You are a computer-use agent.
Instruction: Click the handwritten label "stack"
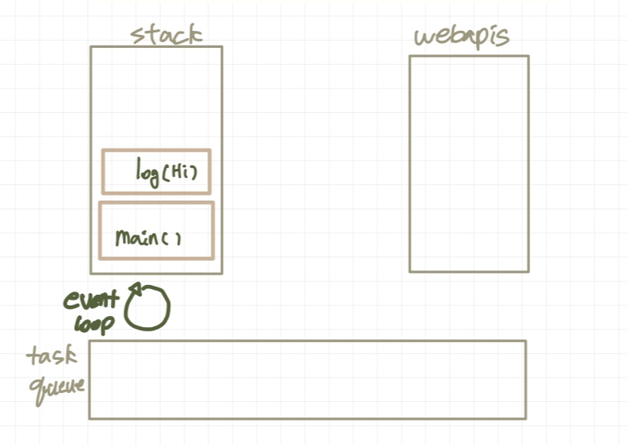167,34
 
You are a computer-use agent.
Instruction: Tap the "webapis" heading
462,37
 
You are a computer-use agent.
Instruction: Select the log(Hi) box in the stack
156,171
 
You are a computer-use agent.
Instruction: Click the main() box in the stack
156,231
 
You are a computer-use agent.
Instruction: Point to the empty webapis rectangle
468,163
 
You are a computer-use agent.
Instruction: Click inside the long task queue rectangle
307,379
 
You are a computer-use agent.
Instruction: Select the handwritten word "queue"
57,387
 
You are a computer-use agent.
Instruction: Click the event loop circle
147,309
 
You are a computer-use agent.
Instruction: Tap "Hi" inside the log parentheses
181,173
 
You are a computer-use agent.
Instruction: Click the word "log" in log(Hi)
149,171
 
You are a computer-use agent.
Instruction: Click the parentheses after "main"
171,239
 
